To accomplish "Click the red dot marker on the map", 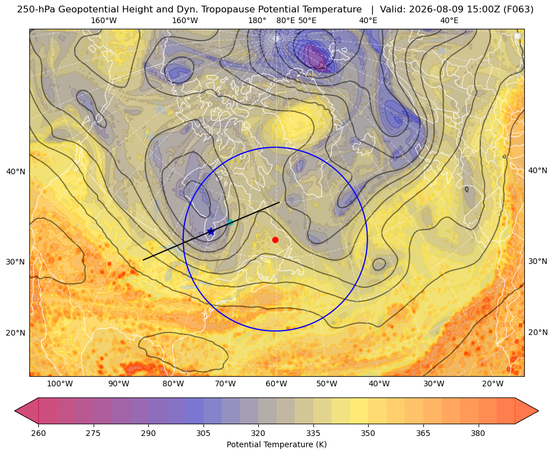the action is click(x=276, y=240).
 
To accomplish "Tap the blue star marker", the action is click(x=211, y=231).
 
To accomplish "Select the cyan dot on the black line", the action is click(x=231, y=222).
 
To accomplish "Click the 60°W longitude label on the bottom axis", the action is click(x=276, y=384).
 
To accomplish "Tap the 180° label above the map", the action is click(x=258, y=20).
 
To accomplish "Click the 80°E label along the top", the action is click(x=285, y=20).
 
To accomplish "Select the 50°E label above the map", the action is click(x=307, y=20).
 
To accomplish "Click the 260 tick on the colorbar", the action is click(x=38, y=433).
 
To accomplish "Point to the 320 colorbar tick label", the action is click(x=258, y=433).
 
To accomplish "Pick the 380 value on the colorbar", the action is click(x=478, y=433).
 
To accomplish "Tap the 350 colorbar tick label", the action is click(x=368, y=433).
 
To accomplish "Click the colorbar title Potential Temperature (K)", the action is click(x=276, y=444).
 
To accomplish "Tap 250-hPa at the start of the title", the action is click(x=36, y=9).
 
